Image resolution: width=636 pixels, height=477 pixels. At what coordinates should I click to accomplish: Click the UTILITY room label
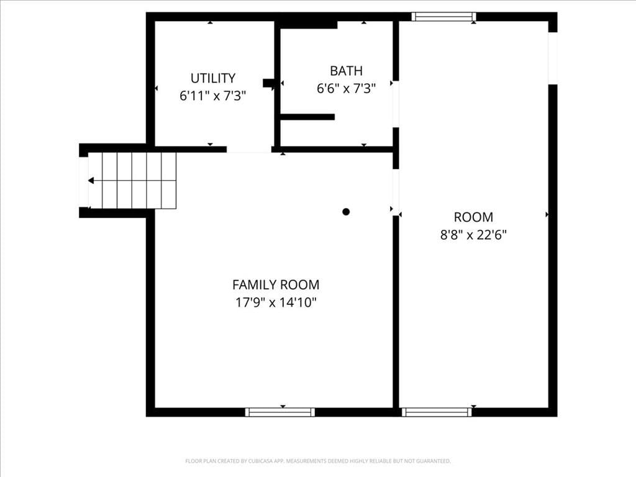tap(213, 78)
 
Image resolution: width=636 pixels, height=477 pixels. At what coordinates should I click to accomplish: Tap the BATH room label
tap(346, 71)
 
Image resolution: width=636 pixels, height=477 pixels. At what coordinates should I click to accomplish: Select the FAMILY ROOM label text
tap(276, 284)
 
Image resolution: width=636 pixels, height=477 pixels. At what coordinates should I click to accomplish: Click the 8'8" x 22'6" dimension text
tap(473, 235)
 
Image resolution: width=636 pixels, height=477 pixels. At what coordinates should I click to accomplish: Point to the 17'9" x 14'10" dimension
tap(276, 302)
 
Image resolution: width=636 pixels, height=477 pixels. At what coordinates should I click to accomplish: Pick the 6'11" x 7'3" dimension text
tap(213, 96)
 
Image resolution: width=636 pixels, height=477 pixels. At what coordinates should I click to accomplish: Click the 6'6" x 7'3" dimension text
tap(346, 88)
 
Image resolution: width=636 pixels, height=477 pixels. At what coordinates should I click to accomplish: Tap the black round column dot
tap(346, 212)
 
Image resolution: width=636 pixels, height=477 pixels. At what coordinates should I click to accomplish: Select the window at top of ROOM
tap(443, 17)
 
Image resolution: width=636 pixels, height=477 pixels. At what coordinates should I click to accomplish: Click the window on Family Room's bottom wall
tap(280, 412)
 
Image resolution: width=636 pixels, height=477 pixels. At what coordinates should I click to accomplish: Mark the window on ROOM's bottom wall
tap(437, 412)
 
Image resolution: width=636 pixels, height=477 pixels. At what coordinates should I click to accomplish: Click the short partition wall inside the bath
tap(307, 117)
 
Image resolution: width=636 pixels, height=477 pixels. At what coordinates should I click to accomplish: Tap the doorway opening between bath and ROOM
tap(396, 104)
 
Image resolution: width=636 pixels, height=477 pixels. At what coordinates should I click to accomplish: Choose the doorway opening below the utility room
tap(248, 150)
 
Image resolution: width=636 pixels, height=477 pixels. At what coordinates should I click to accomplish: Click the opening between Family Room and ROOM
tap(396, 193)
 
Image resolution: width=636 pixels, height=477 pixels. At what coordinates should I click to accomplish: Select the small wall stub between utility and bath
tap(269, 83)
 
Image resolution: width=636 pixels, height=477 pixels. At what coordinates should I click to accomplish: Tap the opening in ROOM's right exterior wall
tap(553, 58)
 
